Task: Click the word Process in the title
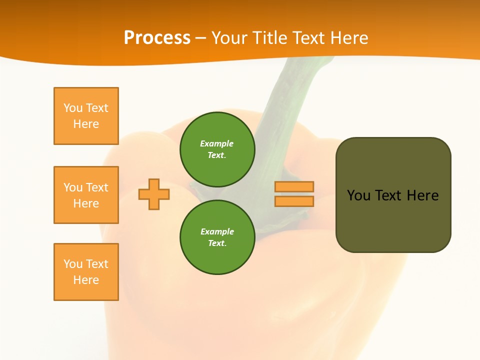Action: (157, 38)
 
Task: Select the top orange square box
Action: (86, 116)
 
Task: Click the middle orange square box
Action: (86, 195)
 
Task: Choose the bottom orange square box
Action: (86, 272)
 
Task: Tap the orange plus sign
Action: (154, 194)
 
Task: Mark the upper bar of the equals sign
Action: (294, 186)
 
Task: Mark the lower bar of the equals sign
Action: (294, 201)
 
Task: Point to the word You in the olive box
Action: (358, 195)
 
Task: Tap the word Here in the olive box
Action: (422, 195)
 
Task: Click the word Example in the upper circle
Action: (216, 143)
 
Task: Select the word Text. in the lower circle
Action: (217, 243)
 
